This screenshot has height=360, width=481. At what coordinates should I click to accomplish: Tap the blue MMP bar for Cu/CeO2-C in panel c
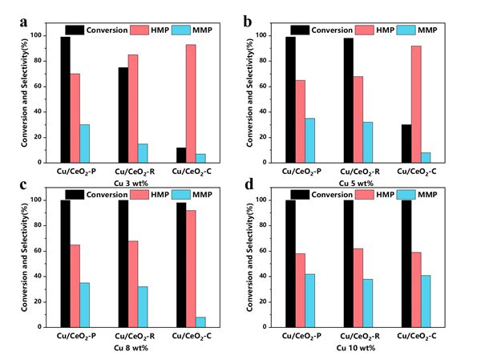pyautogui.click(x=200, y=322)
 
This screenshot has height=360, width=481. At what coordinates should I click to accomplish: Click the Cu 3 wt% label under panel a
pyautogui.click(x=128, y=183)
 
